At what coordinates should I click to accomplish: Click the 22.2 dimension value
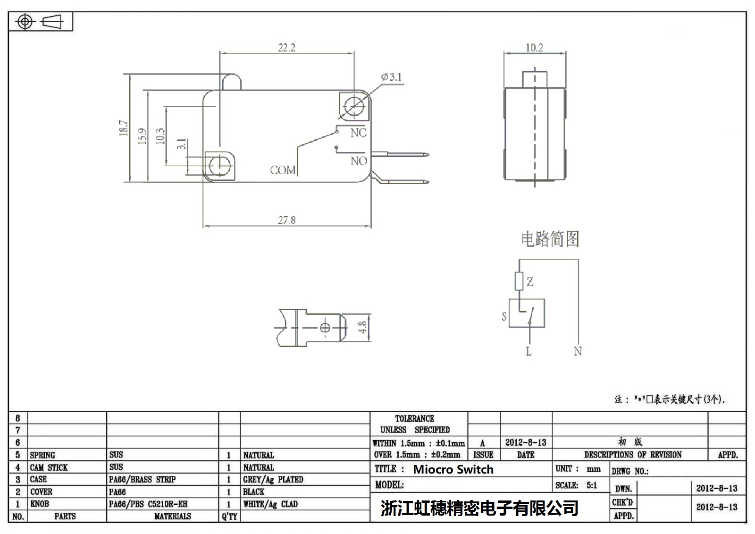pyautogui.click(x=286, y=48)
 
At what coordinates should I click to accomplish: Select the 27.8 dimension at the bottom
pyautogui.click(x=286, y=220)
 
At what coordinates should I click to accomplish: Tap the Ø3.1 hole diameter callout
pyautogui.click(x=392, y=77)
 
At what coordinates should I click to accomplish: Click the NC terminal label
pyautogui.click(x=358, y=133)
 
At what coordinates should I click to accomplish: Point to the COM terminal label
pyautogui.click(x=283, y=170)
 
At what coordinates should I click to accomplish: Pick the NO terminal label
pyautogui.click(x=359, y=161)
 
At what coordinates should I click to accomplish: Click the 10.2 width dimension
pyautogui.click(x=534, y=48)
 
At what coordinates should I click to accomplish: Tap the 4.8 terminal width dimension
pyautogui.click(x=362, y=327)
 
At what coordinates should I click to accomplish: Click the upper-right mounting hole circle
pyautogui.click(x=354, y=106)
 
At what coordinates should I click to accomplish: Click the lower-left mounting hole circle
pyautogui.click(x=219, y=165)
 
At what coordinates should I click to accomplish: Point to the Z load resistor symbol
pyautogui.click(x=520, y=281)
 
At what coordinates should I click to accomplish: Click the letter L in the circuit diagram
pyautogui.click(x=528, y=351)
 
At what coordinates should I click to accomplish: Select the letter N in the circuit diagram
pyautogui.click(x=578, y=351)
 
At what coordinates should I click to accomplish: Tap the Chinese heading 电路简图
pyautogui.click(x=550, y=239)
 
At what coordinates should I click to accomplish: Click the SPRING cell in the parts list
pyautogui.click(x=42, y=455)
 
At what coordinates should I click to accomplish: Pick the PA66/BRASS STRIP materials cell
pyautogui.click(x=142, y=480)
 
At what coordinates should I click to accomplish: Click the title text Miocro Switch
pyautogui.click(x=453, y=469)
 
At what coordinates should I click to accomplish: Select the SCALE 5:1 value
pyautogui.click(x=592, y=485)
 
